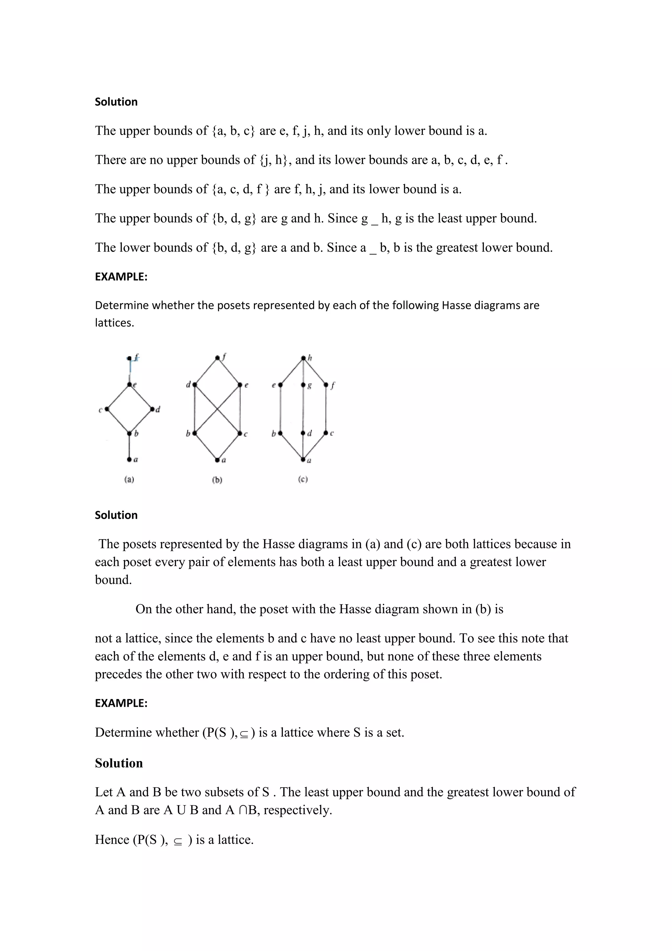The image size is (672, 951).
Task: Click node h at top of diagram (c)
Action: click(303, 358)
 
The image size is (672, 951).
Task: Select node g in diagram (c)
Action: click(303, 385)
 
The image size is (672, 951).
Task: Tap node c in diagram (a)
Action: click(107, 409)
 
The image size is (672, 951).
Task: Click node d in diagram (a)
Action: click(152, 409)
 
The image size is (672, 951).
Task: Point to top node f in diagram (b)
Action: click(217, 358)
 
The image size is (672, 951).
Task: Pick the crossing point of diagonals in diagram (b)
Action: click(217, 409)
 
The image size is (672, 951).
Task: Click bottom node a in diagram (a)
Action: click(129, 459)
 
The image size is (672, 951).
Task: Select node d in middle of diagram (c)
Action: click(303, 433)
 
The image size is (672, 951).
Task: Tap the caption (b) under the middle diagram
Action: click(217, 480)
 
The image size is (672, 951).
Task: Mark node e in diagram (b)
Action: click(240, 385)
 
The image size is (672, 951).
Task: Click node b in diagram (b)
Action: click(195, 433)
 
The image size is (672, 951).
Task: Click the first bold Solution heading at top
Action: click(116, 102)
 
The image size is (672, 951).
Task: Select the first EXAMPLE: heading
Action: click(121, 277)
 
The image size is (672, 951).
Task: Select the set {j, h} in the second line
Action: click(273, 160)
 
